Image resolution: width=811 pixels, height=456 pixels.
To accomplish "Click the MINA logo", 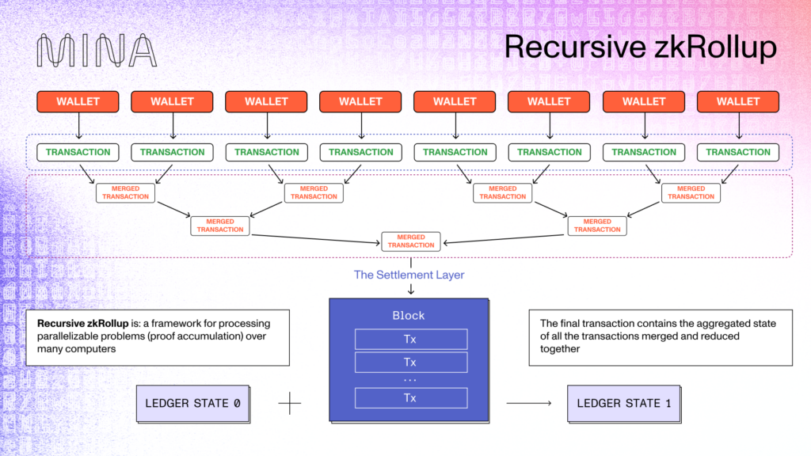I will point(97,50).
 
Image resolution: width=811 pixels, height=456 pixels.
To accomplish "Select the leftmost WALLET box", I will point(78,101).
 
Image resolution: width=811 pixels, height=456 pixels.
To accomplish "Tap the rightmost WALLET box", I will point(738,101).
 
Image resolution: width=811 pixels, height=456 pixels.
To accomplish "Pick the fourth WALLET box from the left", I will point(360,101).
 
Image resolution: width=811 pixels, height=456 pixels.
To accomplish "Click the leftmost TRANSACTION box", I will point(78,152).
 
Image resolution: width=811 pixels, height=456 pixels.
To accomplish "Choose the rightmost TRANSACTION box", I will point(738,152).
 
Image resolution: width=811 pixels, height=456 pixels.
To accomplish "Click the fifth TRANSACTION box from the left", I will point(455,152).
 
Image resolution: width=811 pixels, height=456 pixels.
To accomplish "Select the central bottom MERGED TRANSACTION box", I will point(410,241).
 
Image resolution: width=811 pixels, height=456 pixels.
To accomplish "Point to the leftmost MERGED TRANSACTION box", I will point(125,192).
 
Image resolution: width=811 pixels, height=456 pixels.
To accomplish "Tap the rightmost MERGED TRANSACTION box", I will point(691,192).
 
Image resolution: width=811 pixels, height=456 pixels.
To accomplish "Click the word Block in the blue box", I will point(409,315).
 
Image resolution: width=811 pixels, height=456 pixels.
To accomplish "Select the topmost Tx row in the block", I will point(410,340).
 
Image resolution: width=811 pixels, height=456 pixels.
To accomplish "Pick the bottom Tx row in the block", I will point(410,398).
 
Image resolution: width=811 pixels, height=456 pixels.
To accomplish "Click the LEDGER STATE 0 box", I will point(192,403).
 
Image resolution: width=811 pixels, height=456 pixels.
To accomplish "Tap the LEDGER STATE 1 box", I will point(624,403).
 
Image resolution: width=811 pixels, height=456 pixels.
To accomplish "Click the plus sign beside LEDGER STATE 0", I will point(290,404).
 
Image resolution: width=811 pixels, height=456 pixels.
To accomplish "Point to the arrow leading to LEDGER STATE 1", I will point(530,404).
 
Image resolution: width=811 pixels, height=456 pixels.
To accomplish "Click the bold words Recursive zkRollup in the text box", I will point(73,324).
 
